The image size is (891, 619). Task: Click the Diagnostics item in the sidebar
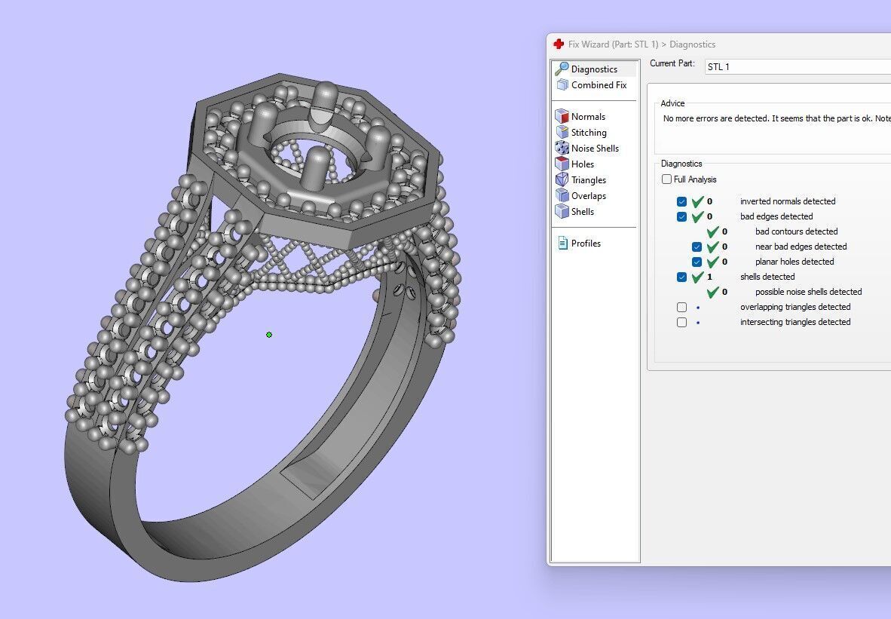pyautogui.click(x=594, y=69)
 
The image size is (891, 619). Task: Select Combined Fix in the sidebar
pyautogui.click(x=599, y=85)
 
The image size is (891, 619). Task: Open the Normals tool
pyautogui.click(x=588, y=117)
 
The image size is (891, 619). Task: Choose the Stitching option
pyautogui.click(x=589, y=133)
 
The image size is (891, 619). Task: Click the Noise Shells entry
pyautogui.click(x=595, y=149)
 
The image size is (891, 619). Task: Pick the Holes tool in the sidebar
pyautogui.click(x=583, y=164)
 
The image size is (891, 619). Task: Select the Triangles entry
pyautogui.click(x=588, y=180)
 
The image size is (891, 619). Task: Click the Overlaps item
pyautogui.click(x=588, y=196)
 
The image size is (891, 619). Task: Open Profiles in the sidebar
pyautogui.click(x=586, y=244)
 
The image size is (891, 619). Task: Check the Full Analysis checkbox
pyautogui.click(x=666, y=179)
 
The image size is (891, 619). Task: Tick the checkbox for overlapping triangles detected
pyautogui.click(x=681, y=308)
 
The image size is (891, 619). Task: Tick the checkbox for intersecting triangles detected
pyautogui.click(x=681, y=323)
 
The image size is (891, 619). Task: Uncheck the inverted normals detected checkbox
pyautogui.click(x=681, y=202)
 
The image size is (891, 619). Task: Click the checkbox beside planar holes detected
pyautogui.click(x=697, y=262)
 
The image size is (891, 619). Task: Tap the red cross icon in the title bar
pyautogui.click(x=559, y=44)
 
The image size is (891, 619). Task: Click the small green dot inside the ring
pyautogui.click(x=269, y=335)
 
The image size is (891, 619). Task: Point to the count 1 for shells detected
pyautogui.click(x=709, y=277)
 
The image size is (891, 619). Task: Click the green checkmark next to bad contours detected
pyautogui.click(x=712, y=231)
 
